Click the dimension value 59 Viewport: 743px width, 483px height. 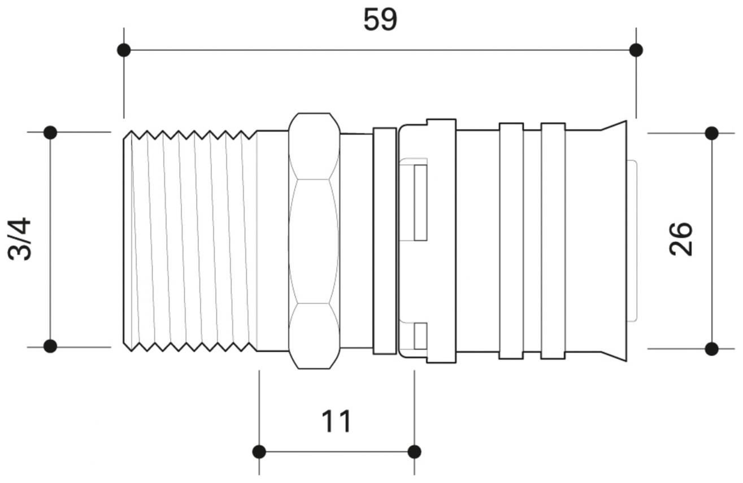pyautogui.click(x=380, y=20)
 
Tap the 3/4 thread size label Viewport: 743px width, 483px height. pyautogui.click(x=20, y=239)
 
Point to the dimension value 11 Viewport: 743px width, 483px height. pyautogui.click(x=336, y=421)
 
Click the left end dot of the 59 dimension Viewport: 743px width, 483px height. pyautogui.click(x=124, y=50)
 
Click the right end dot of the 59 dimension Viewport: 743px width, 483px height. pyautogui.click(x=636, y=50)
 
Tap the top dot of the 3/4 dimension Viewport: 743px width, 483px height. pyautogui.click(x=50, y=133)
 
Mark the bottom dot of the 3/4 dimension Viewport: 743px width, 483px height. pyautogui.click(x=50, y=346)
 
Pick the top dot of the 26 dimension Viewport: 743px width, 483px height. pyautogui.click(x=712, y=134)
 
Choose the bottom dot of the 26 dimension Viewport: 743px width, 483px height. pyautogui.click(x=712, y=349)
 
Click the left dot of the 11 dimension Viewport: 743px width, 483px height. pyautogui.click(x=259, y=452)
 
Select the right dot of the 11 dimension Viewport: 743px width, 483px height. pyautogui.click(x=414, y=452)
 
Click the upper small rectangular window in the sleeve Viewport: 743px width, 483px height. pyautogui.click(x=420, y=202)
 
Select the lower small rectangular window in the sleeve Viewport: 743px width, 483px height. pyautogui.click(x=420, y=336)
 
